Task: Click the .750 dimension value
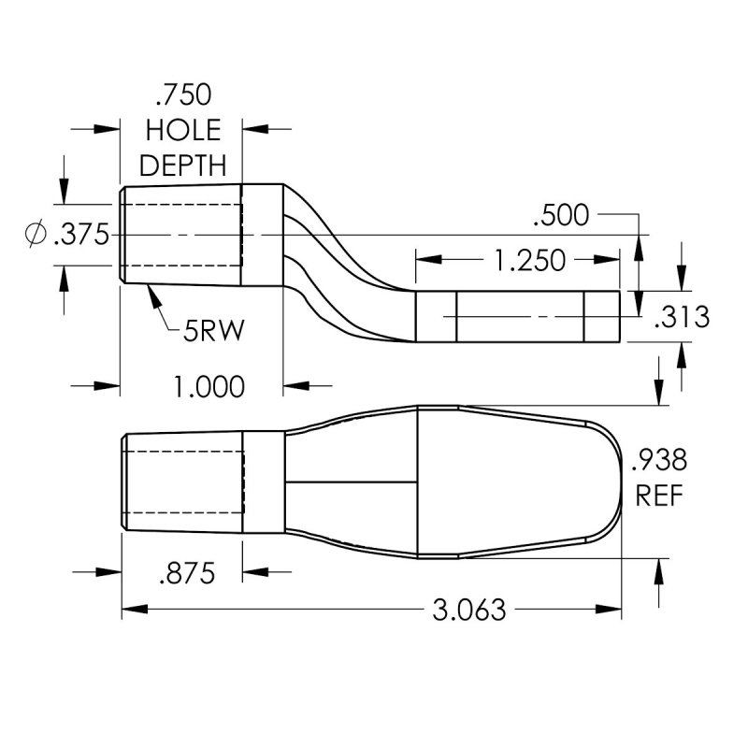pyautogui.click(x=183, y=94)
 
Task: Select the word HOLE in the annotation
pyautogui.click(x=183, y=130)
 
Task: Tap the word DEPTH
pyautogui.click(x=183, y=165)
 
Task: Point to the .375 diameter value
pyautogui.click(x=82, y=235)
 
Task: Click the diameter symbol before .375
pyautogui.click(x=35, y=235)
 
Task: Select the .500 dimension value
pyautogui.click(x=560, y=216)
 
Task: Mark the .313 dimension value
pyautogui.click(x=683, y=318)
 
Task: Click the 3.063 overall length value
pyautogui.click(x=468, y=611)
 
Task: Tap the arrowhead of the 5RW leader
pyautogui.click(x=150, y=289)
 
